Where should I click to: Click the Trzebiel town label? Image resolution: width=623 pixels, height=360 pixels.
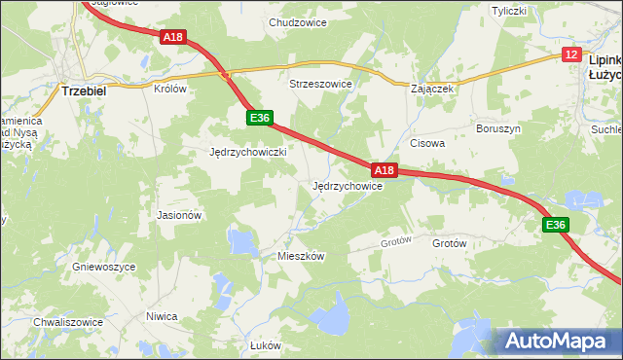pyautogui.click(x=83, y=90)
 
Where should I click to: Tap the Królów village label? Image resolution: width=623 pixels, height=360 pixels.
pyautogui.click(x=169, y=88)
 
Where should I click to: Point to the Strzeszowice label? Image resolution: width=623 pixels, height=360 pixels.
pyautogui.click(x=319, y=85)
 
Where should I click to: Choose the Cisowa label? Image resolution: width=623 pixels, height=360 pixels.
pyautogui.click(x=426, y=143)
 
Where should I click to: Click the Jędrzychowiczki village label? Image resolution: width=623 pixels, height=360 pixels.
pyautogui.click(x=247, y=153)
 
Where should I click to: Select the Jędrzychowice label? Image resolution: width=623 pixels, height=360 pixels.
pyautogui.click(x=346, y=186)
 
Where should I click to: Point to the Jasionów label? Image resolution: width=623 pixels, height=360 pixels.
pyautogui.click(x=178, y=215)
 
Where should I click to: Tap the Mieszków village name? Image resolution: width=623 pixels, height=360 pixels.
pyautogui.click(x=300, y=255)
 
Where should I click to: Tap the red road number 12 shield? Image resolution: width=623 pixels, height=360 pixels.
pyautogui.click(x=570, y=55)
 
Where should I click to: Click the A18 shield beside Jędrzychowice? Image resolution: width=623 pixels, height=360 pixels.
pyautogui.click(x=385, y=170)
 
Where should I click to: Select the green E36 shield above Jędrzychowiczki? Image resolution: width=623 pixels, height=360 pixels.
pyautogui.click(x=258, y=118)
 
